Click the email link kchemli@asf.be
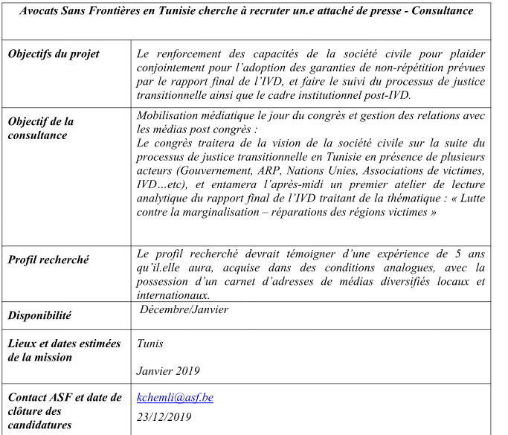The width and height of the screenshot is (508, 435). pos(175,398)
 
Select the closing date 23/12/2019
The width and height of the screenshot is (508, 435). pos(164,416)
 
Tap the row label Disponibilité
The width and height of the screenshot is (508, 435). pos(39,315)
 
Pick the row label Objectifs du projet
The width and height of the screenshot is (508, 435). pos(53,54)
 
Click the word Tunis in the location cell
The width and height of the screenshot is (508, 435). pos(149,344)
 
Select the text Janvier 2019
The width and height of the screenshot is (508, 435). pos(168,370)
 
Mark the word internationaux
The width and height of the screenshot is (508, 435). pos(173,294)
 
